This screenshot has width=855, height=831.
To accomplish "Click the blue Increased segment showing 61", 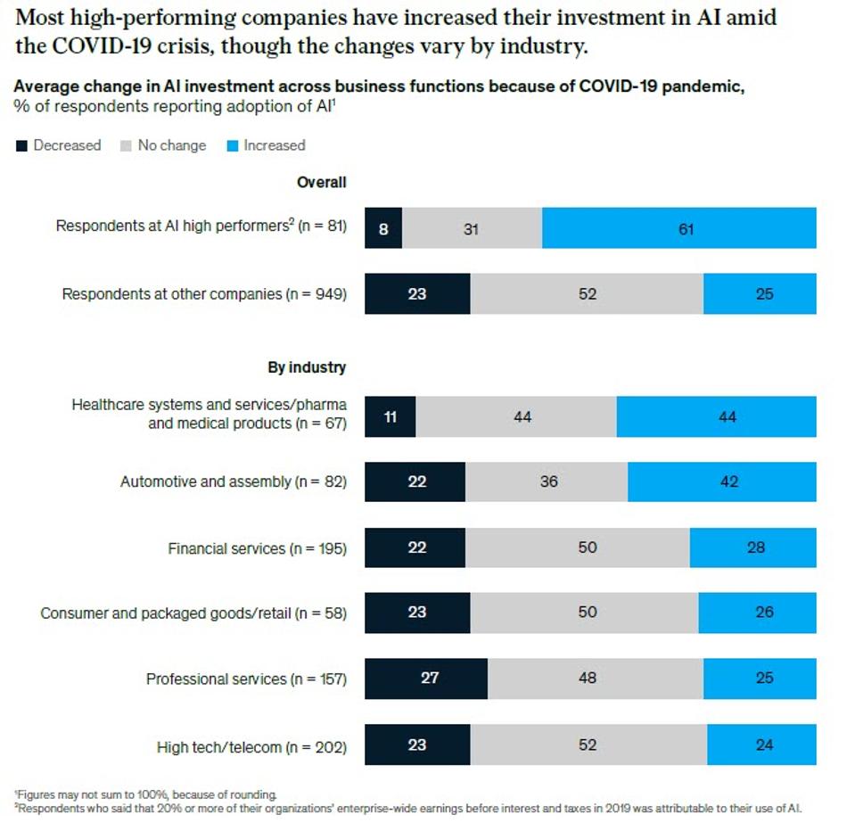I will pos(678,229).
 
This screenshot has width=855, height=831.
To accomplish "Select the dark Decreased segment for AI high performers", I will pos(383,229).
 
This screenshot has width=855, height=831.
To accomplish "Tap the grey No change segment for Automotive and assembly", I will pos(546,481).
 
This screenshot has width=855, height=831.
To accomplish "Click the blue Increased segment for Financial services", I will pos(752,547).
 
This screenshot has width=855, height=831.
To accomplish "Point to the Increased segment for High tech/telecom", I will pos(761,745).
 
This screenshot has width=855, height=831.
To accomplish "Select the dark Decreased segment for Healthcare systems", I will pos(390,416).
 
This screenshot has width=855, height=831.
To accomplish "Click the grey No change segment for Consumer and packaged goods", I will pos(584,613).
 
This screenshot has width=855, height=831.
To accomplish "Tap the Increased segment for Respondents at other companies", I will pos(760,293).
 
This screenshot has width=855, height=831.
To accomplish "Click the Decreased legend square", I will pos(22,146).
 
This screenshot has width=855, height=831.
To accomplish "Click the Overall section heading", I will pos(321,182).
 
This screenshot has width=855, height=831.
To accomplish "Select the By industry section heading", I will pos(307,367).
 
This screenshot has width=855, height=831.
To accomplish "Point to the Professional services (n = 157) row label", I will pos(246,679).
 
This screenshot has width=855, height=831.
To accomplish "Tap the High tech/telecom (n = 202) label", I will pos(251,746).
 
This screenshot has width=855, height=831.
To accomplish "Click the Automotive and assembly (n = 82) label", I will pos(234,482).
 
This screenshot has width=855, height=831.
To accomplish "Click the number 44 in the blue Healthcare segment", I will pos(728,416).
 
